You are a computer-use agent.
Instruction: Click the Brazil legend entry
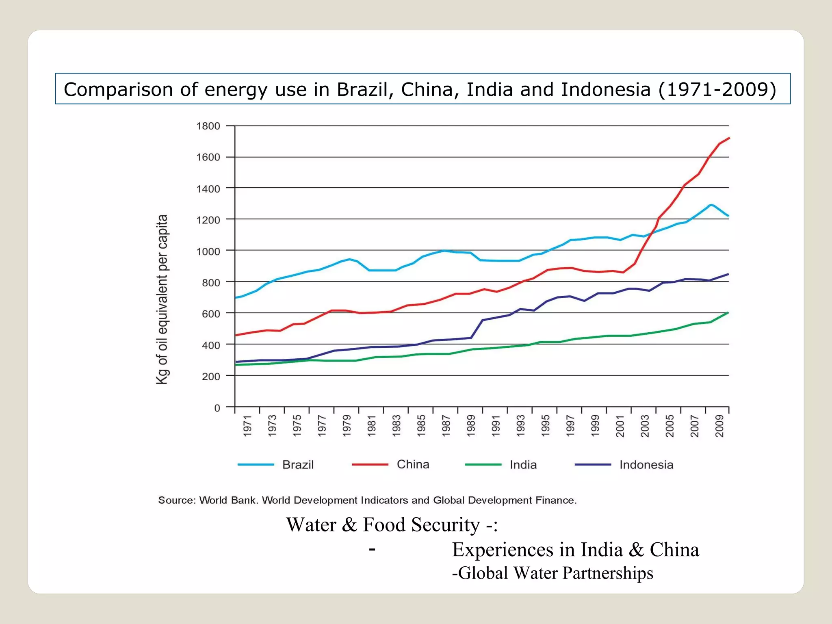298,464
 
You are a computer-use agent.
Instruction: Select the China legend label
413,464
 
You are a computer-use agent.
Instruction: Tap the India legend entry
523,464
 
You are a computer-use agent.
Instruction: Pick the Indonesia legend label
646,464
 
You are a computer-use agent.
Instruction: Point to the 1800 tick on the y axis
208,126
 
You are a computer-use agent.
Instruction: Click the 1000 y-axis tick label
208,251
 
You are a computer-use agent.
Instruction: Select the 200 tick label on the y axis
211,377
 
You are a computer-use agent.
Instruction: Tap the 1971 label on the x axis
247,426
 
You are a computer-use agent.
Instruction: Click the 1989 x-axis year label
470,426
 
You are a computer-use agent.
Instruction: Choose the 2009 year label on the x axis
719,426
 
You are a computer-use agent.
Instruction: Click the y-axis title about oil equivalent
162,299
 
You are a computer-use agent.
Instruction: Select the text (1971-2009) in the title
717,89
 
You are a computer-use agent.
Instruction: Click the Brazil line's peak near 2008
711,205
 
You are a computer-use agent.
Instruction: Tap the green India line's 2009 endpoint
728,312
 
